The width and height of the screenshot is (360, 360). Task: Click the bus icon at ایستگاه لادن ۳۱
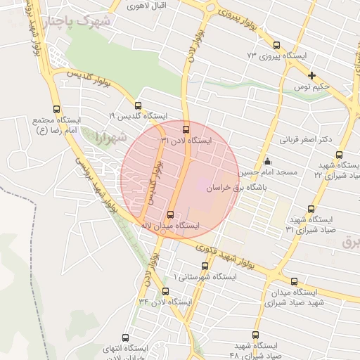point(186,129)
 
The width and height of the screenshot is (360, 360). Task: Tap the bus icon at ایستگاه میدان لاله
point(170,214)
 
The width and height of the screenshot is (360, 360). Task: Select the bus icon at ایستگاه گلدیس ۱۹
point(138,105)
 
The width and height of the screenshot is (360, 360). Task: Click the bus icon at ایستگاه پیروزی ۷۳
point(276,46)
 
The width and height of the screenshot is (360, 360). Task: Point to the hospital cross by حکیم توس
point(311,75)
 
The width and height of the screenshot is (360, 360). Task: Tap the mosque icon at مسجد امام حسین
point(266,161)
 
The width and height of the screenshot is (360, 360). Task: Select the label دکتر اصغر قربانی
point(306,139)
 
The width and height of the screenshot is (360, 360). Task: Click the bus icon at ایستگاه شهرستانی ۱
point(205,266)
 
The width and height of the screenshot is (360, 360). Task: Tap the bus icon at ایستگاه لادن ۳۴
point(165,291)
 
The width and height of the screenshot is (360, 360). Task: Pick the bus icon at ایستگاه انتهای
point(126,337)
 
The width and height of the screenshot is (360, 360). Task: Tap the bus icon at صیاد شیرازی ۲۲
point(339,155)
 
